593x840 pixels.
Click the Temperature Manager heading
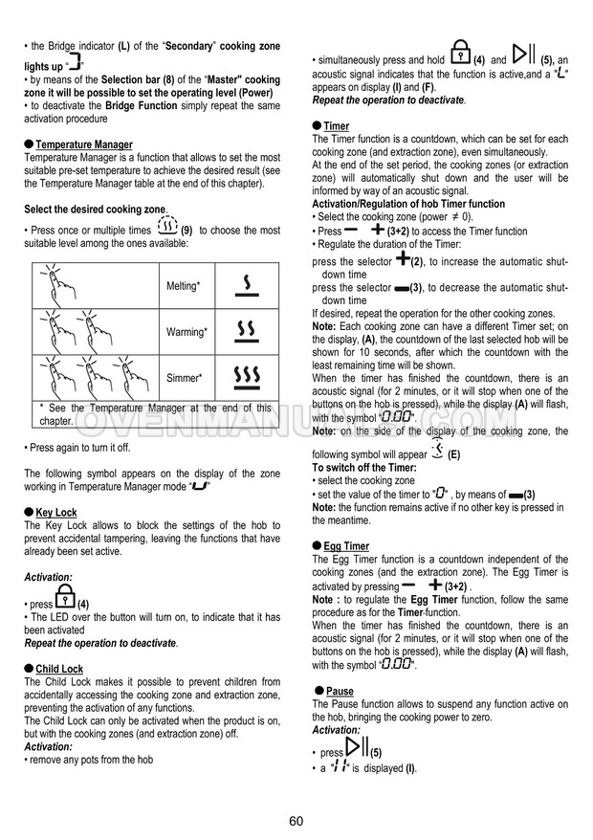83,144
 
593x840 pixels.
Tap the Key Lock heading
56,512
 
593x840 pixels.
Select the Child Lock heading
59,669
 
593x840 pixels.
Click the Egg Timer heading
346,546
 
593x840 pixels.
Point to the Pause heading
340,691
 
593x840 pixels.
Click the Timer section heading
336,126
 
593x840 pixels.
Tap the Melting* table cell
185,286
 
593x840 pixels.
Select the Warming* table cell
187,332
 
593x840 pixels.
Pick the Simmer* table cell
185,379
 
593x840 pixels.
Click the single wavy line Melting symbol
247,285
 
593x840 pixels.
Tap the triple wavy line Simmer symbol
247,377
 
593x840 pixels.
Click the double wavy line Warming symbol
247,331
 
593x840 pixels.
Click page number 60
296,820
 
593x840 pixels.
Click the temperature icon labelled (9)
167,229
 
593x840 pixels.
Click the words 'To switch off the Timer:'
363,467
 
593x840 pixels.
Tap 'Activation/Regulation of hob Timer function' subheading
408,204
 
